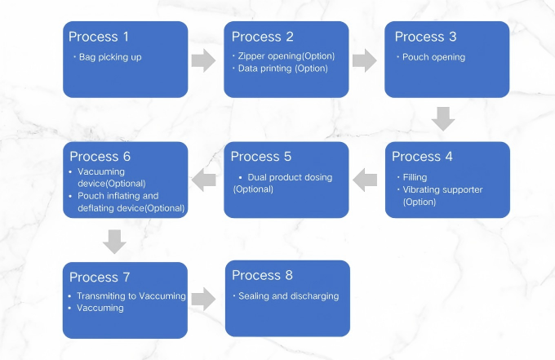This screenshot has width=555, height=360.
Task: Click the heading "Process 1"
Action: point(99,37)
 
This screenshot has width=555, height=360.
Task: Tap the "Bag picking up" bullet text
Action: point(110,57)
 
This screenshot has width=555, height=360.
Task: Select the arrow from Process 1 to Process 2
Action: point(205,60)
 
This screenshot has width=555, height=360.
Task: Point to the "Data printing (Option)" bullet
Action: point(282,69)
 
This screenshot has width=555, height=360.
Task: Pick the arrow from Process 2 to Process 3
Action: point(365,60)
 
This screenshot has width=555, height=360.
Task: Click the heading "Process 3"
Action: point(425,37)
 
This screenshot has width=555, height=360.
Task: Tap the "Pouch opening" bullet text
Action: point(433,57)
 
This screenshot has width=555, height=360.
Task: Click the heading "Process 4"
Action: point(422,157)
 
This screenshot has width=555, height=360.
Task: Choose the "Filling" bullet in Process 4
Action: point(415,177)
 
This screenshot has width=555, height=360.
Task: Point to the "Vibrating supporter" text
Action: point(442,189)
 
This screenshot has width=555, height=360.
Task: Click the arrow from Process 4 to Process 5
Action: point(365,180)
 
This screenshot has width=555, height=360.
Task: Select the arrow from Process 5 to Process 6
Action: point(204,180)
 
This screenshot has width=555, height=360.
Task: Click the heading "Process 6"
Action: point(100,157)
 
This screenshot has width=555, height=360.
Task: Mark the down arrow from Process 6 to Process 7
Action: point(115,241)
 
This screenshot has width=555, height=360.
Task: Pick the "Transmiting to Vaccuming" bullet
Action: point(131,296)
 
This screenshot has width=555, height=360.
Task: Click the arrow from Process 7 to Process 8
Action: point(204,300)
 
